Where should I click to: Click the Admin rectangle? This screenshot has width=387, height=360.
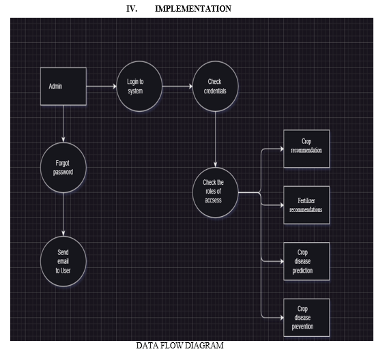63,87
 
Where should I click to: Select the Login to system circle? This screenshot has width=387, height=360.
139,87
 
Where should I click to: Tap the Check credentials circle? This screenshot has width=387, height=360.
215,87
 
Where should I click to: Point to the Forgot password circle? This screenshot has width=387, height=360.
63,168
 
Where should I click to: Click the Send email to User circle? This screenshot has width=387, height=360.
63,261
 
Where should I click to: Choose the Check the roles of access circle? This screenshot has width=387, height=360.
215,192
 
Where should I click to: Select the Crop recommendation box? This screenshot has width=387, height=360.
306,149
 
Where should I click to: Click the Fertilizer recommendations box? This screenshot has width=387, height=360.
306,205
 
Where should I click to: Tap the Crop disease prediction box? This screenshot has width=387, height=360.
306,261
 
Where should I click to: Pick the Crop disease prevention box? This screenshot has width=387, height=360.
306,318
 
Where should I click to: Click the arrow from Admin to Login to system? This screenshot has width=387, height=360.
102,87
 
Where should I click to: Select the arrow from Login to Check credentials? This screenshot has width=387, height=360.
177,87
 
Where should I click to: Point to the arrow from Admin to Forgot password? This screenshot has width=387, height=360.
63,124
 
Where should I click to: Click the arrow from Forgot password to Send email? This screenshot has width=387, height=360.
63,214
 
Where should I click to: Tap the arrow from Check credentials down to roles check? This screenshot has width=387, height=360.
215,140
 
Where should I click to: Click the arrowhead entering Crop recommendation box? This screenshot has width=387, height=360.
282,149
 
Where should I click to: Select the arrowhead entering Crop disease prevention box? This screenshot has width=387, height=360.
282,318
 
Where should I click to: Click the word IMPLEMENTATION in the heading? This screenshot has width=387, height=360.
193,9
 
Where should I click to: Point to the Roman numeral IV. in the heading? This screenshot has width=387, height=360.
132,9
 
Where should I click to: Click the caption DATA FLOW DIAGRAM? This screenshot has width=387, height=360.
180,346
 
